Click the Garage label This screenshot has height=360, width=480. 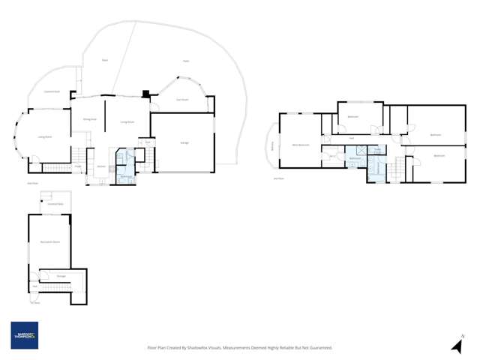tap(184, 142)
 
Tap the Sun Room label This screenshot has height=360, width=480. tap(181, 99)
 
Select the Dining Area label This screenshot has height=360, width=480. tap(88, 119)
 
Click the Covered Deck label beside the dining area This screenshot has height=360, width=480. tap(51, 91)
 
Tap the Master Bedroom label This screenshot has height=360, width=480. tap(300, 144)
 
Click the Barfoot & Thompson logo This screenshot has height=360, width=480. tap(24, 335)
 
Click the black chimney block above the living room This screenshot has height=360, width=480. tap(146, 94)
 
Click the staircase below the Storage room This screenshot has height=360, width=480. tap(57, 289)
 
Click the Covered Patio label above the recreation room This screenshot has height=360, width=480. tap(55, 204)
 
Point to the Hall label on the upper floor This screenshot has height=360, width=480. tap(351, 137)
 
